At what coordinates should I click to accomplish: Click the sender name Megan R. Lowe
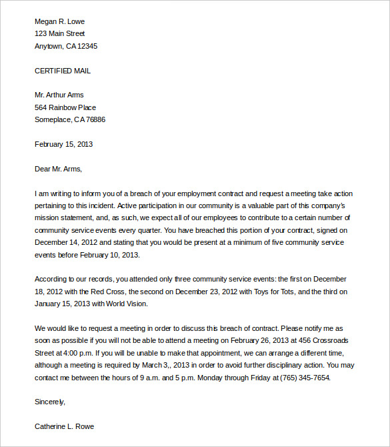59,21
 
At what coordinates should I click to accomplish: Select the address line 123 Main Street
59,33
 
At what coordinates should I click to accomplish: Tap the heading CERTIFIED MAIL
63,71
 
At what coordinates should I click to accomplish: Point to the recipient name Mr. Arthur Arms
59,95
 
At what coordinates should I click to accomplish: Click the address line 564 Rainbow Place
65,107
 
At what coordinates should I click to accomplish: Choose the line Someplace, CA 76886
70,119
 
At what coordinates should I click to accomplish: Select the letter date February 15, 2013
64,144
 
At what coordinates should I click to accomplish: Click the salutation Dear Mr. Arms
58,169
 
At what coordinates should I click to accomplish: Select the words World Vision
126,304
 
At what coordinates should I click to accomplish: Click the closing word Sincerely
50,402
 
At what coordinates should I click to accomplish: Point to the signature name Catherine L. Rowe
65,426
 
